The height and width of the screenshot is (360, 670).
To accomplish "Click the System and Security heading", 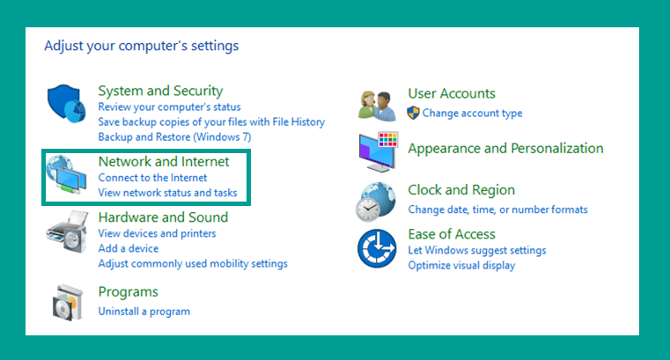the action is (160, 91).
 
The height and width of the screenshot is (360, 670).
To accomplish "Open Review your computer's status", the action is (169, 107).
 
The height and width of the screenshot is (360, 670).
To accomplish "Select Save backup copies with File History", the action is (211, 121).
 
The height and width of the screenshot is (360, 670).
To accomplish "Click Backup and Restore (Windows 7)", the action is (175, 137).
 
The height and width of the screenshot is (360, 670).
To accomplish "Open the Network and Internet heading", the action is (164, 161).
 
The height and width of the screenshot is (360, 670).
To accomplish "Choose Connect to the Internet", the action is (152, 178).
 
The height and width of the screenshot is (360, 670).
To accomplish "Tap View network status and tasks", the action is (167, 193).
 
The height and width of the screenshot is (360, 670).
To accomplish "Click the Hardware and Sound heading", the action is (163, 217).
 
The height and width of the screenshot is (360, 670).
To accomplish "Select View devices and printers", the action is (157, 233).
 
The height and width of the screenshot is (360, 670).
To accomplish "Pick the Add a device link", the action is (129, 248).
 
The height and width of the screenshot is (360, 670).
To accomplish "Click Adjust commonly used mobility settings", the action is (193, 263).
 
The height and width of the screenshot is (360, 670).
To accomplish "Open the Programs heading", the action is (129, 292).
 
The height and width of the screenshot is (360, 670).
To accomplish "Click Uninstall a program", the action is (144, 312).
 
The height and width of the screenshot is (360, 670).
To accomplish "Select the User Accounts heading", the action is (452, 93).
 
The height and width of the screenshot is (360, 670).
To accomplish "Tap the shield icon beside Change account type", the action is (413, 114).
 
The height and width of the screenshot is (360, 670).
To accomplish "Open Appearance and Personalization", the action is (505, 149).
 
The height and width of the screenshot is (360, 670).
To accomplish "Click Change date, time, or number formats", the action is (497, 209).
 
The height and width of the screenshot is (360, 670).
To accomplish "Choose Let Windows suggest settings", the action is (477, 250).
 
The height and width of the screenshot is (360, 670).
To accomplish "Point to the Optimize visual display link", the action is (461, 265).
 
